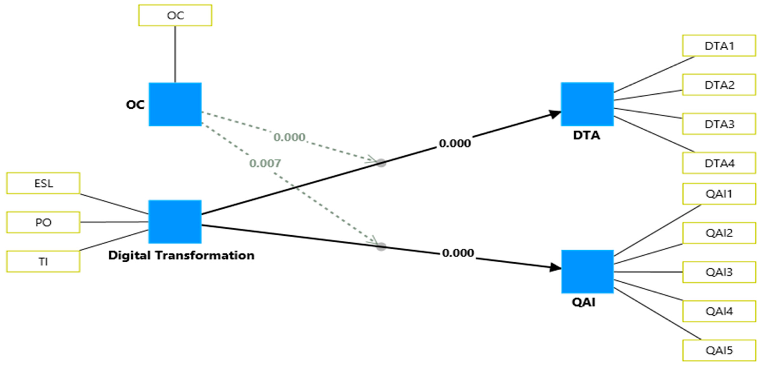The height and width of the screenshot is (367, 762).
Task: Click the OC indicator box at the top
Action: coord(175,15)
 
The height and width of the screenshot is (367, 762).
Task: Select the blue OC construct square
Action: coord(175,104)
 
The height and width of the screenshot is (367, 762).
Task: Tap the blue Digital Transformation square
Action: coord(175,222)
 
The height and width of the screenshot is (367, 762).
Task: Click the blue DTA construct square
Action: coord(587,104)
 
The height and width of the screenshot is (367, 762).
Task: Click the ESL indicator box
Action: coord(43,183)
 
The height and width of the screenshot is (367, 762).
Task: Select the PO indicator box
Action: coord(43,222)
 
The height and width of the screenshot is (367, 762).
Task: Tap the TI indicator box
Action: coord(43,261)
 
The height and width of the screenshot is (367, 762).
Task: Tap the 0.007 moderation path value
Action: coord(265,163)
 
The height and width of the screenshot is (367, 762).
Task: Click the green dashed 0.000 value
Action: coord(289,137)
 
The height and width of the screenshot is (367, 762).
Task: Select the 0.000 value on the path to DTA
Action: coord(455,143)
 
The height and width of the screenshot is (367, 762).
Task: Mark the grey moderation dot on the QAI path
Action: coord(381,247)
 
